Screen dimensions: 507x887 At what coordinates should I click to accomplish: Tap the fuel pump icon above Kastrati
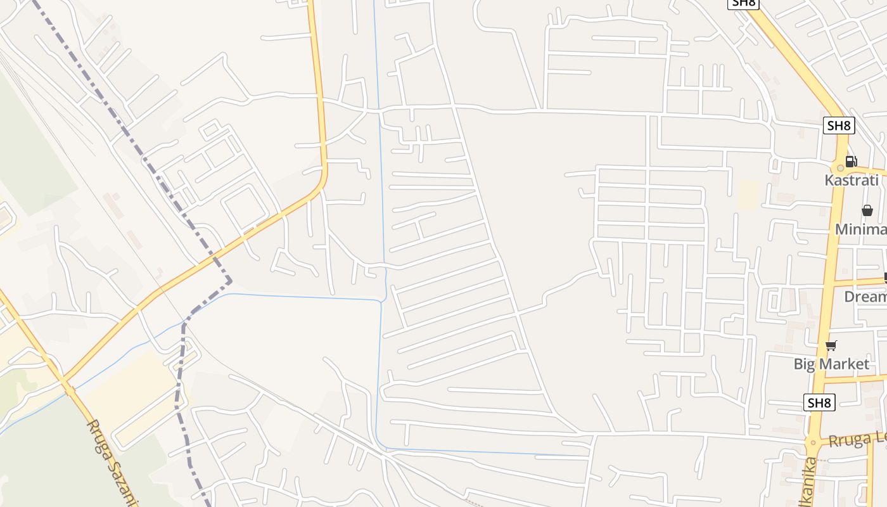[851, 162]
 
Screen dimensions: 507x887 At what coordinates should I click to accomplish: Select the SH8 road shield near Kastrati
[838, 125]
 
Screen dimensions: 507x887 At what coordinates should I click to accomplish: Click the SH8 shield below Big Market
[819, 402]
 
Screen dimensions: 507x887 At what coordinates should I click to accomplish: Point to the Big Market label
[831, 364]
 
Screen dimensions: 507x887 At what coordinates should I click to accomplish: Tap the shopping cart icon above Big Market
[831, 345]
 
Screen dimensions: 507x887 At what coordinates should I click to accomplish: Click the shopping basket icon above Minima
[867, 210]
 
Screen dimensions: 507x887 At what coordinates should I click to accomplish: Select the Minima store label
[860, 229]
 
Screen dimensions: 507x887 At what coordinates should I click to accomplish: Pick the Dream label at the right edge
[865, 297]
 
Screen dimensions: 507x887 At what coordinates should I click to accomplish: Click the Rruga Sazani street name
[112, 463]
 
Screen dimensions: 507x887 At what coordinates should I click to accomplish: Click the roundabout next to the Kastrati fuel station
[841, 168]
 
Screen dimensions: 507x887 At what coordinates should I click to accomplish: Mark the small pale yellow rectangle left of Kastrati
[748, 195]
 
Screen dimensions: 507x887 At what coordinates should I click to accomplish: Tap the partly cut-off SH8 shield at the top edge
[742, 3]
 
